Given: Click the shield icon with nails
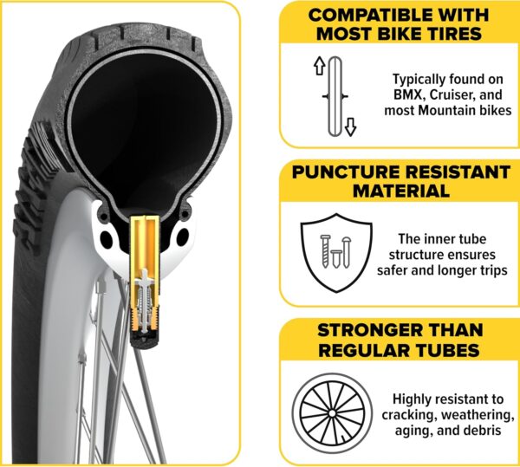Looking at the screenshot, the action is (336, 253).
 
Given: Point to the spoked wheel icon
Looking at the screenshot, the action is (332, 413).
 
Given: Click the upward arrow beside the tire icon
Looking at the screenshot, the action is (319, 65).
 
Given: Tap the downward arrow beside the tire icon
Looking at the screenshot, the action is (350, 127).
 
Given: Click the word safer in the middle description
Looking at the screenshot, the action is (392, 270).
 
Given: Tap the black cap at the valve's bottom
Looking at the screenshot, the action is (145, 340).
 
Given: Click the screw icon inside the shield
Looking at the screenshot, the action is (325, 251).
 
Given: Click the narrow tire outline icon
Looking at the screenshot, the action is (335, 96).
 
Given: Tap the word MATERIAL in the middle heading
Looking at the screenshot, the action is (401, 191).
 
